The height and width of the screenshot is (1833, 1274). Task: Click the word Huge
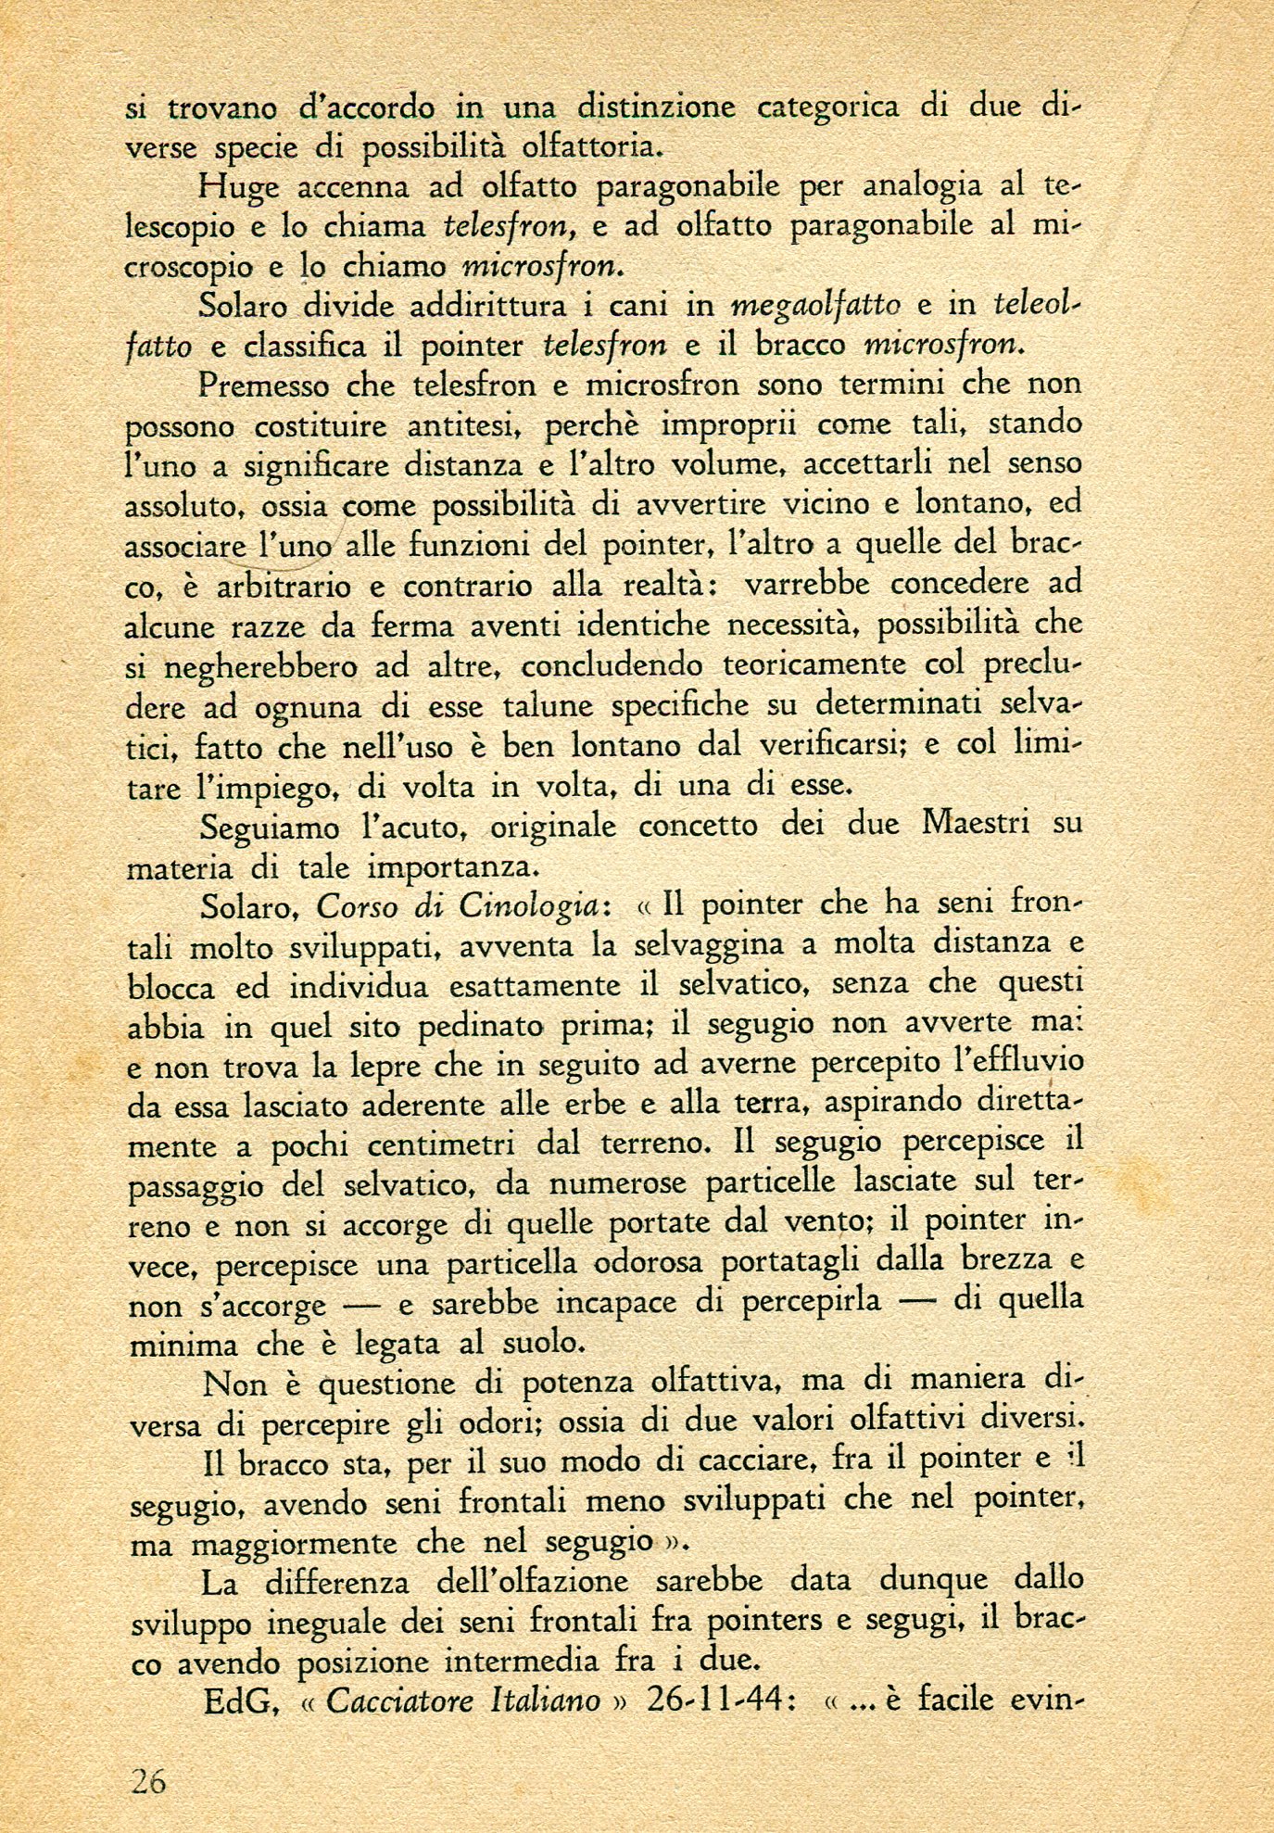tap(239, 188)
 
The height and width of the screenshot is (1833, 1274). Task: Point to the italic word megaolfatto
tap(815, 305)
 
